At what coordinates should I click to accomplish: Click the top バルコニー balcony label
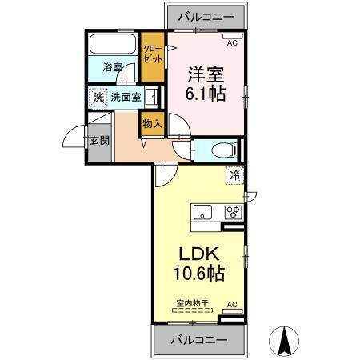(x=206, y=15)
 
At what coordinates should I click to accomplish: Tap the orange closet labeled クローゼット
(x=150, y=54)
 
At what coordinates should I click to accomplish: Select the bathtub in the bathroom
(x=111, y=44)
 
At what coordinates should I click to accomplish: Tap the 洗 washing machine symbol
(x=98, y=98)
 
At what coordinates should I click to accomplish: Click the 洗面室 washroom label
(x=126, y=98)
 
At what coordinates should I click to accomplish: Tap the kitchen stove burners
(x=233, y=212)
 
